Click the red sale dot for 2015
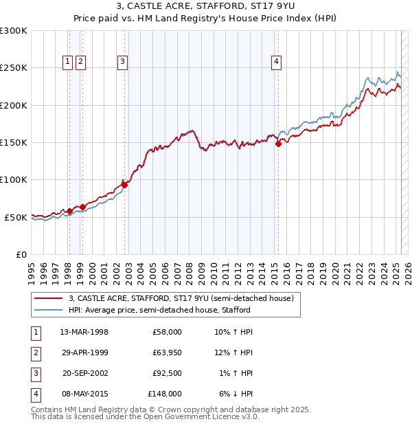(x=279, y=144)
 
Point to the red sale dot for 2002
(x=125, y=184)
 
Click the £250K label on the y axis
(x=14, y=68)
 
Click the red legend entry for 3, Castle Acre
(x=181, y=298)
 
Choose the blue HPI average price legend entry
(x=159, y=310)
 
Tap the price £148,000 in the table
(x=165, y=394)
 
